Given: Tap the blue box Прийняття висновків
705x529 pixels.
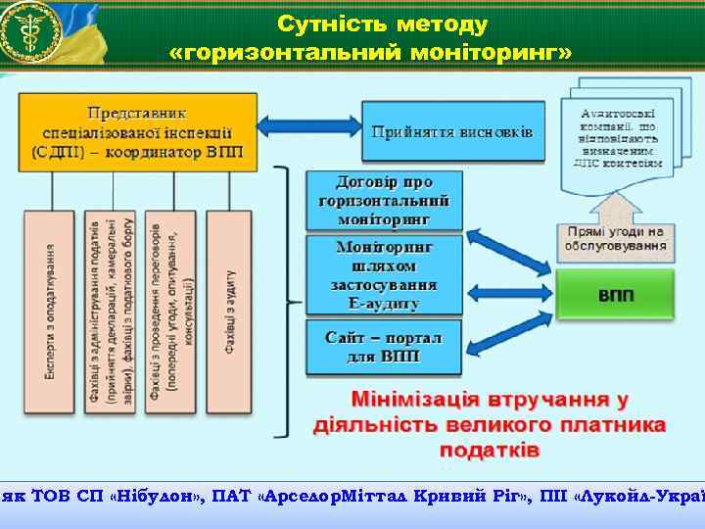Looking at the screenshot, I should tap(452, 131).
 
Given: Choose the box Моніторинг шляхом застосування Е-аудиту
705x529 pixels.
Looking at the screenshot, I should tap(384, 275).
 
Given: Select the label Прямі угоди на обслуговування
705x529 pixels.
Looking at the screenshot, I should tap(616, 238).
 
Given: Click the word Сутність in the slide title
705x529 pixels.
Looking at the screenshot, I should tap(324, 23).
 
